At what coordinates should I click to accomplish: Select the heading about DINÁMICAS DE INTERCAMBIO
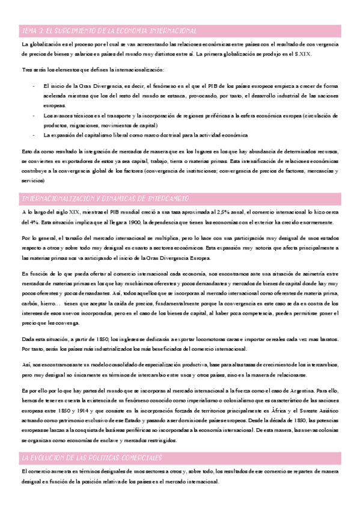pyautogui.click(x=106, y=198)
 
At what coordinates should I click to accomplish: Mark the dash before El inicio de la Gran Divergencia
pyautogui.click(x=34, y=87)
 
